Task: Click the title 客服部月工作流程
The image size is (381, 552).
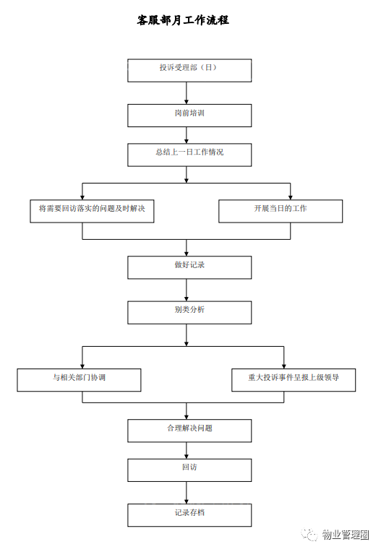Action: click(183, 20)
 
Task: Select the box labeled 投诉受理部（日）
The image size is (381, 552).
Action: click(189, 70)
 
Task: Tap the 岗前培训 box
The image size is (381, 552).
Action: click(189, 116)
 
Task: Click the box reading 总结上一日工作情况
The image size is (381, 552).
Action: click(189, 155)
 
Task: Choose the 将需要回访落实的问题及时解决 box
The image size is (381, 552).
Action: click(92, 211)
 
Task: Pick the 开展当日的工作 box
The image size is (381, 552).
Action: click(281, 211)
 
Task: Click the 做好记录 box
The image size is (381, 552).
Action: click(189, 267)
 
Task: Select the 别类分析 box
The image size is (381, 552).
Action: click(189, 313)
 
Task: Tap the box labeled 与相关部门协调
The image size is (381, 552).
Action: click(79, 380)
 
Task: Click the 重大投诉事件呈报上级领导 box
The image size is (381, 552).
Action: click(294, 380)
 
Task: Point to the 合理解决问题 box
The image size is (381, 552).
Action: click(189, 431)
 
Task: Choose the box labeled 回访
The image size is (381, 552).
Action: click(189, 470)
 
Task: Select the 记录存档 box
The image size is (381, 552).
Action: click(189, 515)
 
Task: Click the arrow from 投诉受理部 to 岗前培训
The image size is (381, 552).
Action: click(187, 93)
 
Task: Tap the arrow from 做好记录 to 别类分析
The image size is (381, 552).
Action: click(187, 290)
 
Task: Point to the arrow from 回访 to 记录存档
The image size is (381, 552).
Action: click(187, 493)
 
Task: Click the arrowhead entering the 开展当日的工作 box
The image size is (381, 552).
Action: click(291, 197)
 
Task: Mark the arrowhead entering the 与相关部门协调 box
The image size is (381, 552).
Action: click(82, 366)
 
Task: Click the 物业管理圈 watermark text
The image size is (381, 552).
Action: click(346, 535)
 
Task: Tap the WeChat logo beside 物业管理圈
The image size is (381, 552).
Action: click(310, 535)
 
